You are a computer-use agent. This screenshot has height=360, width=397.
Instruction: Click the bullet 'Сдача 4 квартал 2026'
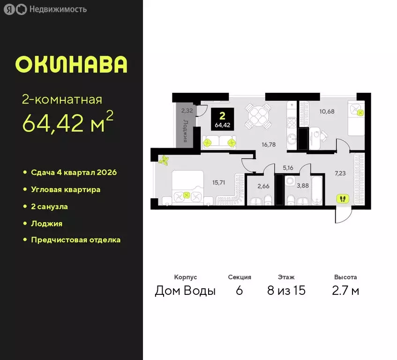(74, 172)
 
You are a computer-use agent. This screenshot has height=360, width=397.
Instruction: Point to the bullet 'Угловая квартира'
(65, 189)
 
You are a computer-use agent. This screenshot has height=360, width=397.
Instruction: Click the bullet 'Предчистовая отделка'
(75, 240)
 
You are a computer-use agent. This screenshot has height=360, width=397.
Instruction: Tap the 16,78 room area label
(269, 145)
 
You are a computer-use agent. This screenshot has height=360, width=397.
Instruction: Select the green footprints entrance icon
(343, 198)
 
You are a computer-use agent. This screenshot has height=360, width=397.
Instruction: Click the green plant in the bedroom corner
(164, 160)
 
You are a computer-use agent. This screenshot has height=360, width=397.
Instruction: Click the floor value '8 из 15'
(286, 291)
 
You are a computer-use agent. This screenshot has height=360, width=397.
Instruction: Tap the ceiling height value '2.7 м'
(345, 291)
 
